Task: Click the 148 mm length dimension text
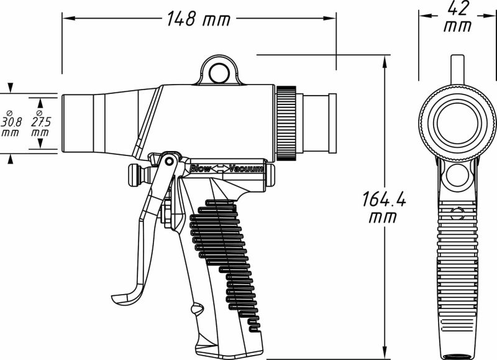[x=198, y=20]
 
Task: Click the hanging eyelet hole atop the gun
[x=219, y=73]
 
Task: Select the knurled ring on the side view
[x=287, y=122]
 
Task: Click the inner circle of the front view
[x=457, y=121]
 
